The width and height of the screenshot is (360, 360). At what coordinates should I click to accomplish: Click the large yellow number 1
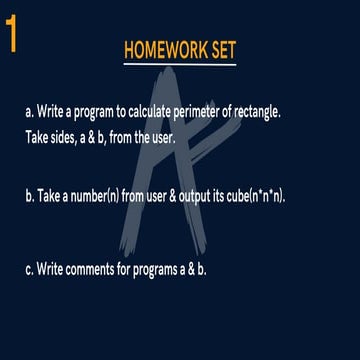tap(11, 33)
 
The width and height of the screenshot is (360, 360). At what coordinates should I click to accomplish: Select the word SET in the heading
tap(220, 50)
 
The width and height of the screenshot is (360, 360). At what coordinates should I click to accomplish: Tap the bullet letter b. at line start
tap(30, 197)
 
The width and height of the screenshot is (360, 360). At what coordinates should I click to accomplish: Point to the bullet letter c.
tap(30, 269)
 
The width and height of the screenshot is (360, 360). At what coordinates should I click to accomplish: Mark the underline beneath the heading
tap(180, 65)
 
